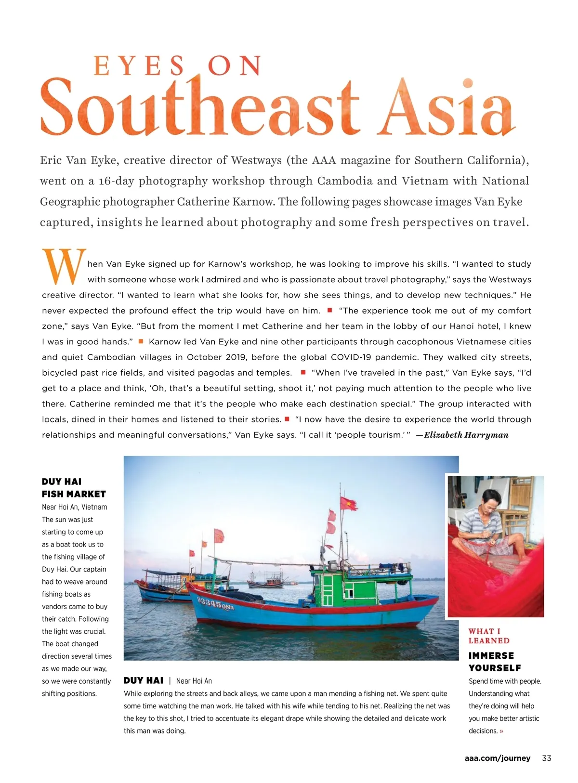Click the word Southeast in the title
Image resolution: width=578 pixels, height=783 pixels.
[200, 108]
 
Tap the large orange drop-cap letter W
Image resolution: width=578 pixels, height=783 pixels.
[64, 266]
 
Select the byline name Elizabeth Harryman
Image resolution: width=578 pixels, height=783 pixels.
[466, 435]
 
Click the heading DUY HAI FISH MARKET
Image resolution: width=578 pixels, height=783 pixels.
[74, 488]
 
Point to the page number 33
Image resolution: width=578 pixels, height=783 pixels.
[547, 758]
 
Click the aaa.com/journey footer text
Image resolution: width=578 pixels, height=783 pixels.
[497, 758]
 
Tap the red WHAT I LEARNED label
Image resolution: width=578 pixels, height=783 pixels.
[489, 636]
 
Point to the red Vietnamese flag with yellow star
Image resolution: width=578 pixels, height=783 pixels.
[348, 504]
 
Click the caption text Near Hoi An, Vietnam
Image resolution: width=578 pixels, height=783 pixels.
[75, 507]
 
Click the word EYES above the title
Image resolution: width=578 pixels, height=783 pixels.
[139, 66]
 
